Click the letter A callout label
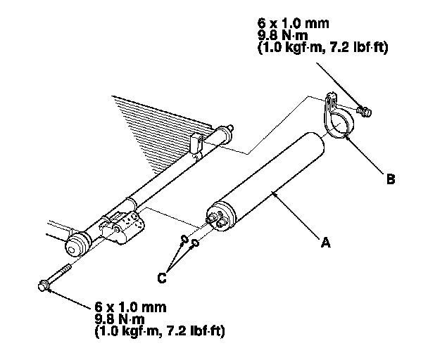(x=325, y=243)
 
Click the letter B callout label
(x=390, y=179)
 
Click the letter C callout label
(x=161, y=277)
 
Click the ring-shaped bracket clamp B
(x=336, y=124)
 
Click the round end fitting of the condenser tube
(x=75, y=247)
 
